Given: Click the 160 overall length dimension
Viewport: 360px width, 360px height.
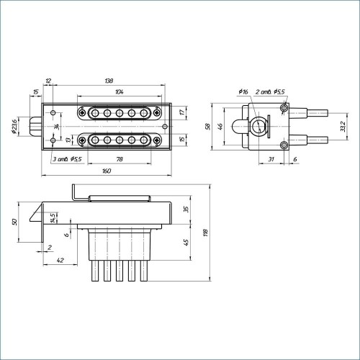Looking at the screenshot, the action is pos(107,171).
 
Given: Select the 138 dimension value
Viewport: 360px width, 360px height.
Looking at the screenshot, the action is pos(109,81).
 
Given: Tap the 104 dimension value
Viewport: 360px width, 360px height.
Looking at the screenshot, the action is pos(120,91).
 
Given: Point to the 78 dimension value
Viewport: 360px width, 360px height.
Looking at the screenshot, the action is pos(120,159).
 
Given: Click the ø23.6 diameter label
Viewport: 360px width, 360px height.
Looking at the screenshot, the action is pos(14,127).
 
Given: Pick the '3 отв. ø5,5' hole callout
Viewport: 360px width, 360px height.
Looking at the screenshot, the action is pos(67,159).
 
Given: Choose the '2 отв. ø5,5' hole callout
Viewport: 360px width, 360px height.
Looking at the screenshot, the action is pos(270,91).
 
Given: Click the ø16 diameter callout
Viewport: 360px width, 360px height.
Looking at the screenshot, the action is pos(243,91).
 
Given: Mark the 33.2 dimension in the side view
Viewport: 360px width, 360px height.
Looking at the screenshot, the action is pos(343,127).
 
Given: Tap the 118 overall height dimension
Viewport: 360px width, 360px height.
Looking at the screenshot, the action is pos(206,233).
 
